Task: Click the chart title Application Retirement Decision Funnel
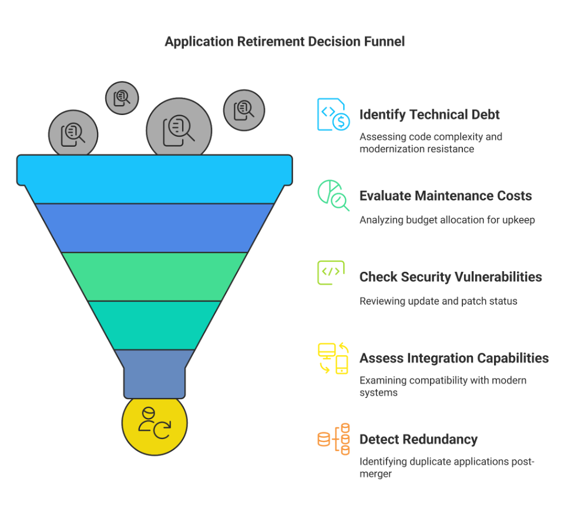[x=284, y=42]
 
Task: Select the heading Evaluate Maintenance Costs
[x=445, y=195]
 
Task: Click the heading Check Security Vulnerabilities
[x=450, y=276]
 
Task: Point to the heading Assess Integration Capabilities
[x=454, y=358]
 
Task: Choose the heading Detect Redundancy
[x=418, y=439]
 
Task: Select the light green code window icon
[x=331, y=273]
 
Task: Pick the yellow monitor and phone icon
[x=333, y=358]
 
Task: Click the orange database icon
[x=333, y=439]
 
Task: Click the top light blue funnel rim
[x=154, y=170]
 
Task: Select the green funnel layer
[x=154, y=276]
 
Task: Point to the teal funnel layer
[x=154, y=325]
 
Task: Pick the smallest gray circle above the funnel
[x=122, y=97]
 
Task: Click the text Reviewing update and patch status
[x=438, y=301]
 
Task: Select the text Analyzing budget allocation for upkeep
[x=446, y=220]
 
